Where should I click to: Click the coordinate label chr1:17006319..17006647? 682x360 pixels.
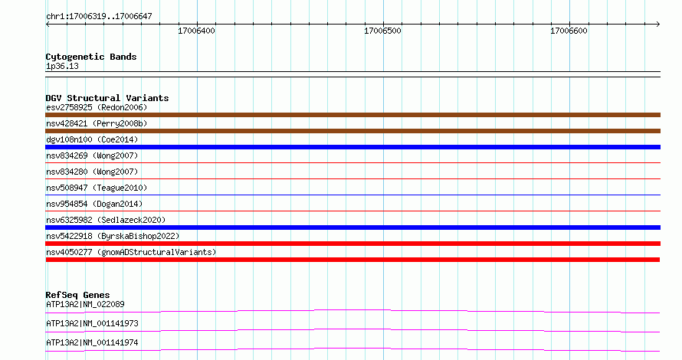(x=99, y=17)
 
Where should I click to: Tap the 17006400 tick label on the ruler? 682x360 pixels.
(x=197, y=31)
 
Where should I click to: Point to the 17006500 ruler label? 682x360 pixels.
(x=382, y=31)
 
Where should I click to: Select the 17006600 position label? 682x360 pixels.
(x=569, y=31)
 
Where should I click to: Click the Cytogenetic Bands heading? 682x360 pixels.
(x=91, y=57)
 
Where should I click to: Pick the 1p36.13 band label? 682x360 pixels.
(x=62, y=66)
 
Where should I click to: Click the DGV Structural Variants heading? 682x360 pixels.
(x=107, y=98)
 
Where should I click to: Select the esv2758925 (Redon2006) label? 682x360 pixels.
(x=97, y=107)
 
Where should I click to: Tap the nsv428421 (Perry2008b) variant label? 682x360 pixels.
(x=97, y=123)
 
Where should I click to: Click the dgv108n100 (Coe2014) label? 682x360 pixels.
(x=92, y=139)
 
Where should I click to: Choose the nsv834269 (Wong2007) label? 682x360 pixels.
(x=92, y=155)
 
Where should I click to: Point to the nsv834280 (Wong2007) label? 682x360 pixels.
(x=92, y=172)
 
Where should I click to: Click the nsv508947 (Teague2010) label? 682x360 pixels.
(x=97, y=188)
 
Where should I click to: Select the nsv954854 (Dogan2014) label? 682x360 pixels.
(x=94, y=204)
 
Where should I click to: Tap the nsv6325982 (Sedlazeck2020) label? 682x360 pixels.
(x=106, y=220)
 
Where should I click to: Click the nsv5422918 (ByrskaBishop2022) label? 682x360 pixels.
(x=113, y=236)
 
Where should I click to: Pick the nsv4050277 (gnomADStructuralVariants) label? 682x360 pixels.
(x=131, y=252)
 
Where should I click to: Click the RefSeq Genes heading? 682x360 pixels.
(x=77, y=295)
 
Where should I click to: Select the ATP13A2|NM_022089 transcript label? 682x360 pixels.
(x=85, y=304)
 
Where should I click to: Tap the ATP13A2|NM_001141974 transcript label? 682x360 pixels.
(x=92, y=342)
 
